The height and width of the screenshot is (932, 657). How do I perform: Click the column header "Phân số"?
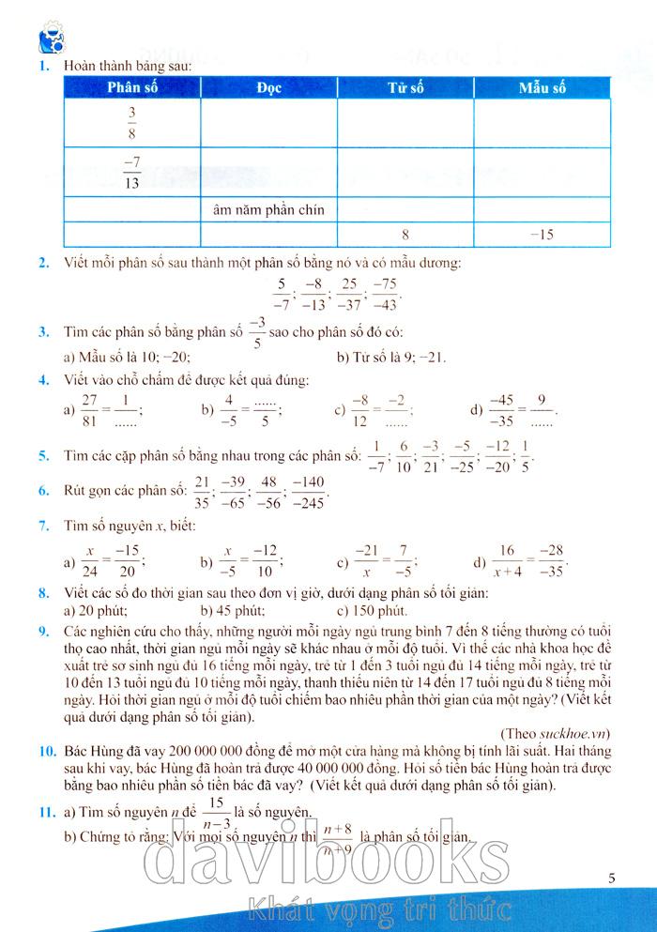tap(131, 88)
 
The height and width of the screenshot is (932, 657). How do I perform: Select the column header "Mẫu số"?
tap(542, 88)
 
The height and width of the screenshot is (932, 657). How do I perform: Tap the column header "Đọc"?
tap(268, 88)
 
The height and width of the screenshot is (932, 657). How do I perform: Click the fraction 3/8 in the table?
tap(131, 122)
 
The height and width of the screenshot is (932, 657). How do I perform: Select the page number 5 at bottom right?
tap(611, 879)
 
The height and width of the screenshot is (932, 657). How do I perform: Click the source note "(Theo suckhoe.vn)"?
tap(559, 730)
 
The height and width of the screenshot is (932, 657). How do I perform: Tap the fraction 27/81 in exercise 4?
tap(91, 410)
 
